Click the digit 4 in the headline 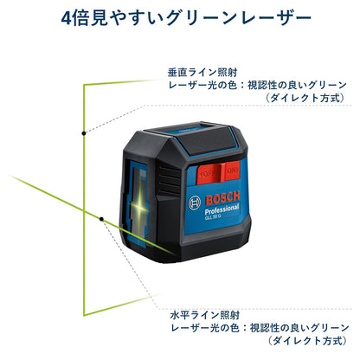(x=66, y=17)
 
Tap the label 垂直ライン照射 (x=202, y=72)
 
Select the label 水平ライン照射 (x=205, y=315)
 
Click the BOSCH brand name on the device (x=222, y=198)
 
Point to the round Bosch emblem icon (x=195, y=202)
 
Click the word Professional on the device (x=222, y=209)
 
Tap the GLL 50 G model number (x=213, y=217)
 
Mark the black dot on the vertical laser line (x=84, y=133)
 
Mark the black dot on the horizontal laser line (x=101, y=219)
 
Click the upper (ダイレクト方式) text (x=305, y=98)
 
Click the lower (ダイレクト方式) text (x=307, y=341)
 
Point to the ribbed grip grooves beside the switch (x=170, y=178)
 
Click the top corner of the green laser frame (x=84, y=85)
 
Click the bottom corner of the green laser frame (x=84, y=315)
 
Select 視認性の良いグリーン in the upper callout (x=297, y=85)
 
